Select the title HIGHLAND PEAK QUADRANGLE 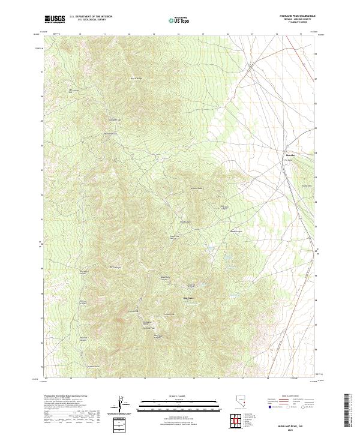point(297,16)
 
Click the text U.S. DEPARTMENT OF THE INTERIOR point(91,17)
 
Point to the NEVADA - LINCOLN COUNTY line point(298,20)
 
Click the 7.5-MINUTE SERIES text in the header point(298,23)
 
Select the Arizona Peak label point(197,188)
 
